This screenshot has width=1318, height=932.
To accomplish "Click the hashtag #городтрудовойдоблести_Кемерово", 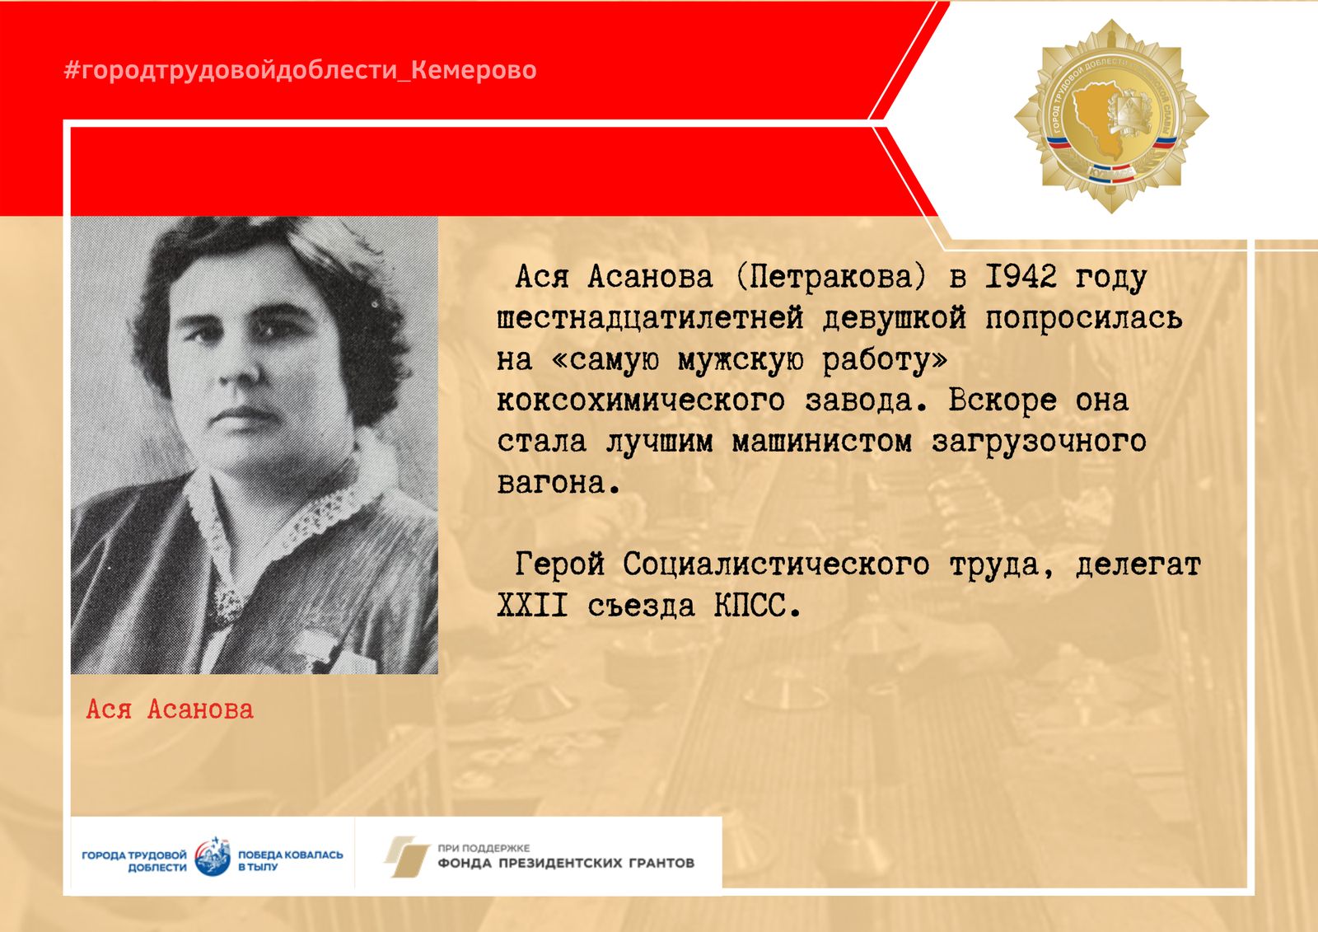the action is coord(300,70).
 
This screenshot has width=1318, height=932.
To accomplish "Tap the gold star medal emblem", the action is coord(1111,116).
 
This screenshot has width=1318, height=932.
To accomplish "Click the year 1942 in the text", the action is coord(1021,276).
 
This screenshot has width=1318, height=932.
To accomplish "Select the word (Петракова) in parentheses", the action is coord(831,277).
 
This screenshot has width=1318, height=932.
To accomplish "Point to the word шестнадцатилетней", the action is coord(650,319).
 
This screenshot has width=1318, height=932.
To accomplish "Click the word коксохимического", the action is coord(641,400).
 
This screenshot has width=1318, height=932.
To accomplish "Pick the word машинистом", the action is coord(822,442).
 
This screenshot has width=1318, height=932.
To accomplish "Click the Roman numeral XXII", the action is coord(533,605).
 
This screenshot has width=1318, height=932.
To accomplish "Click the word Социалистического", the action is coord(776,564).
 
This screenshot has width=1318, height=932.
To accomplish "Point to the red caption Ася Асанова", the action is coord(170,710).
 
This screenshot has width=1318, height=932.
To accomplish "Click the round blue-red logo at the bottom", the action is coord(213,856).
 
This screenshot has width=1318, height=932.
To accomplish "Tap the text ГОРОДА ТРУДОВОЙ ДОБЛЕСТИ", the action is coord(134,861).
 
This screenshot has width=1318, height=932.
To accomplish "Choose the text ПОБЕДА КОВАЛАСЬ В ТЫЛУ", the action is coord(290,861).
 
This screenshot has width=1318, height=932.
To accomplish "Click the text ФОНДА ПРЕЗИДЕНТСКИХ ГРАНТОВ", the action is coord(566,863).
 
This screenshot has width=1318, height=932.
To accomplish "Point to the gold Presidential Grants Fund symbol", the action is coord(407,856).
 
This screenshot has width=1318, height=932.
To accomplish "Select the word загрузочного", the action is coord(1039,443).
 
